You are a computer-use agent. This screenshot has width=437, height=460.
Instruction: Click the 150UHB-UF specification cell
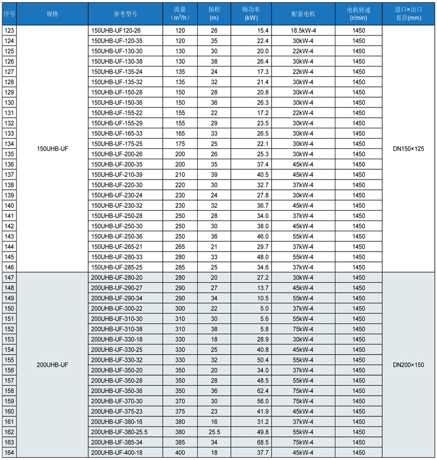[52, 149]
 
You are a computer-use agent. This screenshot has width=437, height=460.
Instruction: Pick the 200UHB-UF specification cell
[52, 364]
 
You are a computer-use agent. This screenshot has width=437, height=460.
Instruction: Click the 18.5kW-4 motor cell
[303, 31]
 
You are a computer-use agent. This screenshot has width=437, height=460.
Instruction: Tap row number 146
[9, 267]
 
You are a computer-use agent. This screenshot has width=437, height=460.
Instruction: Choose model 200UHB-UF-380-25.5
[120, 432]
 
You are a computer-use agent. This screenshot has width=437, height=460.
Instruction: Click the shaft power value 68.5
[260, 443]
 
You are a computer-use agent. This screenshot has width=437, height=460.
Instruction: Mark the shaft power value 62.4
[260, 391]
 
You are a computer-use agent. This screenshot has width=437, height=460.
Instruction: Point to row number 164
[9, 453]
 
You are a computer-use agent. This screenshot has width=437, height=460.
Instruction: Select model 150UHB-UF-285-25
[117, 267]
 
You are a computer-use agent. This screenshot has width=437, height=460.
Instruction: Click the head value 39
[214, 175]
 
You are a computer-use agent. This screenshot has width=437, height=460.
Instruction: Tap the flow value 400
[180, 453]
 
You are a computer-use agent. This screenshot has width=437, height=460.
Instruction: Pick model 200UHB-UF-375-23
[117, 411]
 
